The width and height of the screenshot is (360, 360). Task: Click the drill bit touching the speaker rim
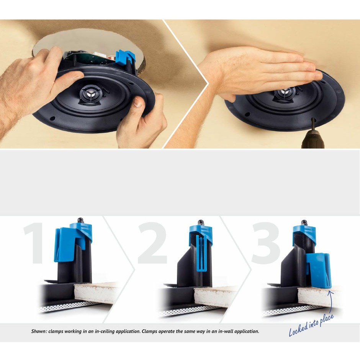tap(313, 124)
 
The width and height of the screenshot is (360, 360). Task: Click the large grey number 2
tap(152, 243)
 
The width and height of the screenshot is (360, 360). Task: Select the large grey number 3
tap(266, 243)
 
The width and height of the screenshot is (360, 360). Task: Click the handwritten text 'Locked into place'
tap(311, 325)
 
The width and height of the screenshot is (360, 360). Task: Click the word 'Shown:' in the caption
tap(39, 331)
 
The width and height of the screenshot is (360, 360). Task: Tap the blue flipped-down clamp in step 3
tap(319, 270)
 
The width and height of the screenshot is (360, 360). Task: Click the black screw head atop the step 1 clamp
tap(80, 220)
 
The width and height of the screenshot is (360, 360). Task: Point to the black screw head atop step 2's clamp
tap(201, 223)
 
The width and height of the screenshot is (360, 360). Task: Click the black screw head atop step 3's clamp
tap(304, 223)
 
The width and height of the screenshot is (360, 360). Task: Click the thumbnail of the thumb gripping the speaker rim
tap(138, 102)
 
